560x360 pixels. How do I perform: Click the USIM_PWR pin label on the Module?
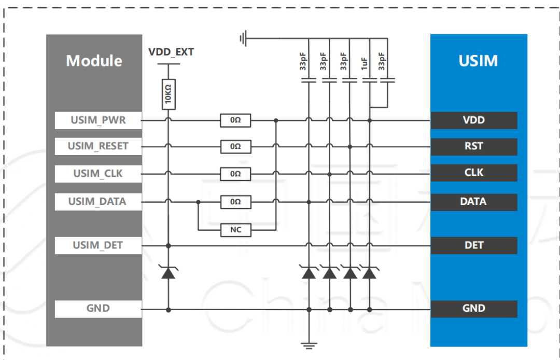point(98,120)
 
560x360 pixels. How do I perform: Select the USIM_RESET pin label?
point(98,146)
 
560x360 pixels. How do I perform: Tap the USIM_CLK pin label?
point(98,174)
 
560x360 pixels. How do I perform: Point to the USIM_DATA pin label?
point(98,202)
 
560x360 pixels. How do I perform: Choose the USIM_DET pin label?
point(98,245)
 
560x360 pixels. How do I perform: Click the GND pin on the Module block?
point(98,309)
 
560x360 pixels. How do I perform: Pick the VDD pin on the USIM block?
point(474,120)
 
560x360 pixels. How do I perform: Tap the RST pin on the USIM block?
point(474,146)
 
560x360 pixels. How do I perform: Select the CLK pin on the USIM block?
point(474,173)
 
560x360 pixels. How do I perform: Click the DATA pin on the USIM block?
point(474,202)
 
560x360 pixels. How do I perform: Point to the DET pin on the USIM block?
point(474,245)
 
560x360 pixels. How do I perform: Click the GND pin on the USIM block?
point(474,309)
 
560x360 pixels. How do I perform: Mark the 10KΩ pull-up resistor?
point(169,94)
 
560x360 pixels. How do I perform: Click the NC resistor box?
point(236,230)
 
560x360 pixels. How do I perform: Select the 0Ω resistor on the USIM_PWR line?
point(236,120)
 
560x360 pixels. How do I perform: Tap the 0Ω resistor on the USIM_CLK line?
point(236,174)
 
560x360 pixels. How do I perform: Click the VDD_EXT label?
point(171,52)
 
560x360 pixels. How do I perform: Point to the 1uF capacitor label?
point(364,64)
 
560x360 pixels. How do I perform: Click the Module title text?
point(94,61)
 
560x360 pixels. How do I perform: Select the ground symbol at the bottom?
point(309,345)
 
